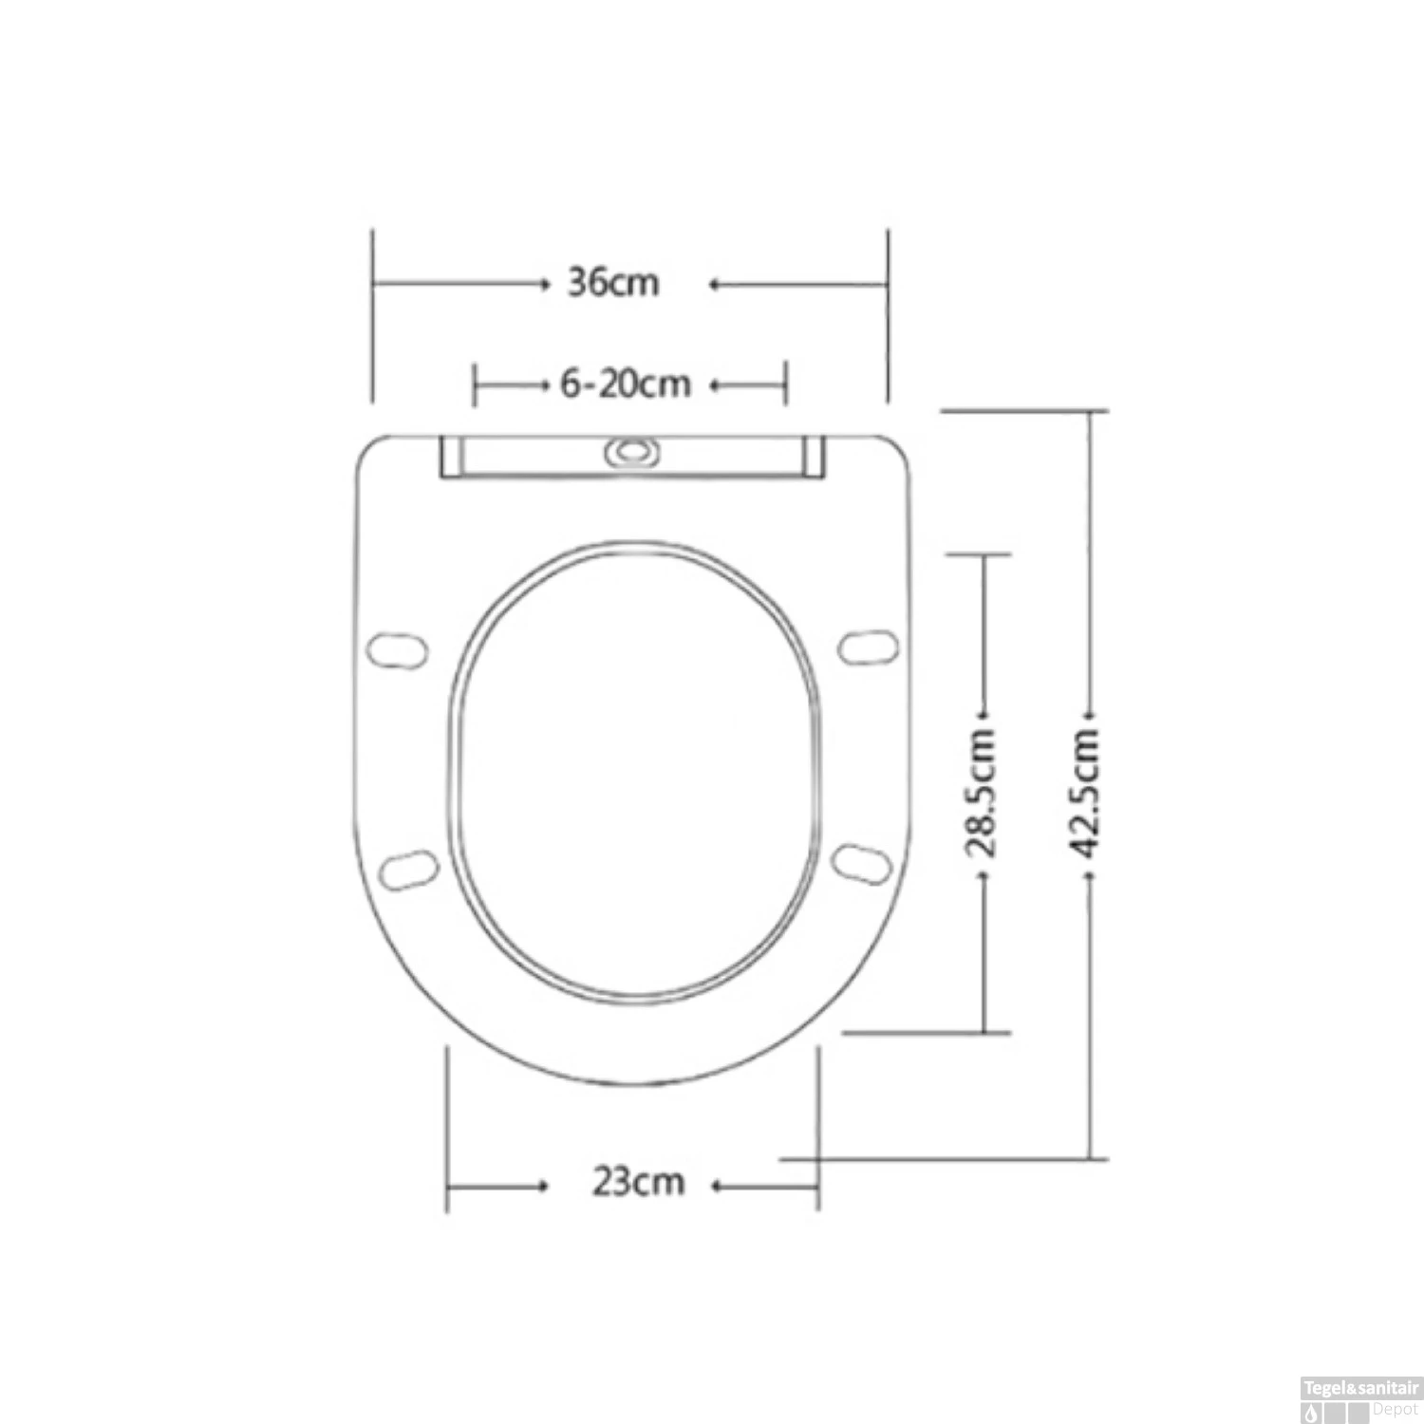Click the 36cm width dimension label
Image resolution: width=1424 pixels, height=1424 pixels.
click(x=612, y=283)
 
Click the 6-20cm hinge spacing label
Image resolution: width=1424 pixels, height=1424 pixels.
click(x=626, y=384)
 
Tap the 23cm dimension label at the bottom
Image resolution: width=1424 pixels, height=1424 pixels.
click(x=638, y=1183)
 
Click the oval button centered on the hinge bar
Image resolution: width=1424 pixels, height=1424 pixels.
click(x=630, y=452)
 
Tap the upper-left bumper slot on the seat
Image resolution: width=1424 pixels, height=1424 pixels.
click(x=397, y=650)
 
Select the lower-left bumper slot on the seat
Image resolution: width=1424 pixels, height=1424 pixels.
click(x=409, y=870)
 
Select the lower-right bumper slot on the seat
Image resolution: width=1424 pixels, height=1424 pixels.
click(x=862, y=864)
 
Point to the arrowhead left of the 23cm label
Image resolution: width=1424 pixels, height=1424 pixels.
click(x=544, y=1186)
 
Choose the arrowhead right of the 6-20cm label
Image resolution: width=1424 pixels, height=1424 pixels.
click(x=715, y=385)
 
